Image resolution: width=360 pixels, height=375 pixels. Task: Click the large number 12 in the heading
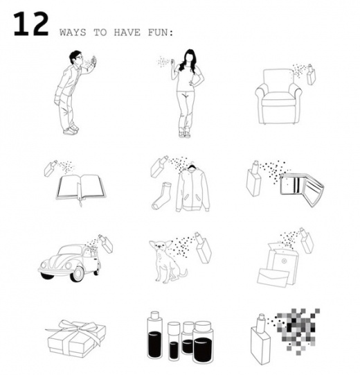pyautogui.click(x=31, y=24)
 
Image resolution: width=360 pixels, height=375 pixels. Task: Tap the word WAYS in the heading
pyautogui.click(x=73, y=33)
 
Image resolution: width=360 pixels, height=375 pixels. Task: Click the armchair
pyautogui.click(x=278, y=96)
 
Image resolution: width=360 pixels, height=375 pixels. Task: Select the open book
pyautogui.click(x=81, y=188)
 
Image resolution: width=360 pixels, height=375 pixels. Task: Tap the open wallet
pyautogui.click(x=302, y=190)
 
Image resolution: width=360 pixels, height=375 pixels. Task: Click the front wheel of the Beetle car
pyautogui.click(x=78, y=274)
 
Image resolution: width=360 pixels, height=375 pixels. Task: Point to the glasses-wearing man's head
pyautogui.click(x=76, y=58)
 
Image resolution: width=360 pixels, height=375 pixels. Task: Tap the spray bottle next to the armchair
pyautogui.click(x=311, y=75)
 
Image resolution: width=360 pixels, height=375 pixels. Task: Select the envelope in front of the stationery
pyautogui.click(x=273, y=277)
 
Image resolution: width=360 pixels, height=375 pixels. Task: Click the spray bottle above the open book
pyautogui.click(x=51, y=168)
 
